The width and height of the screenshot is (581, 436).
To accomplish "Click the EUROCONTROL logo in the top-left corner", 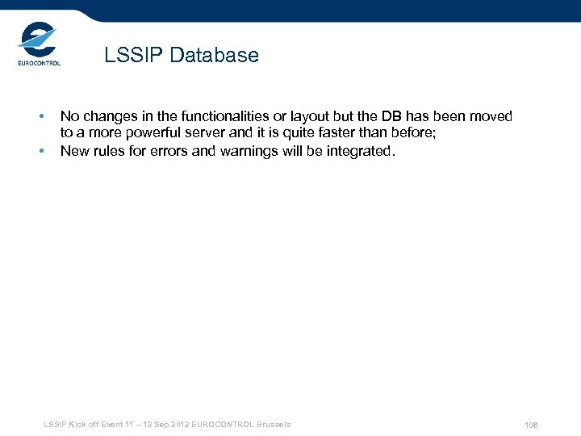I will [39, 45].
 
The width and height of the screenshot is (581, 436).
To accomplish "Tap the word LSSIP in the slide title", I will [131, 56].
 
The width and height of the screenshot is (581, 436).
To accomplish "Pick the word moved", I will [491, 116].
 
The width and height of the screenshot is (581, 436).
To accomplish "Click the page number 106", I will [531, 425].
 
